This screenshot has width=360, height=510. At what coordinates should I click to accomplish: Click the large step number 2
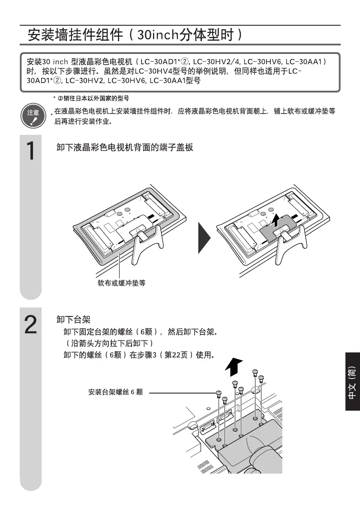[30, 325]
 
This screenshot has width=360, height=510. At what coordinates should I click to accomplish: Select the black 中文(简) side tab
[352, 382]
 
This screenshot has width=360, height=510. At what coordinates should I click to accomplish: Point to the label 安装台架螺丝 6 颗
[115, 392]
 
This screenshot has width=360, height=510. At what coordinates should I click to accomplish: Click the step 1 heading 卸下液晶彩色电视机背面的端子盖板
[125, 148]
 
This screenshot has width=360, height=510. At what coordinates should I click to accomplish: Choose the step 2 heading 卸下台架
[73, 320]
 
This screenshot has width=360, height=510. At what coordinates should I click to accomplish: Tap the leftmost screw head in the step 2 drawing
[219, 394]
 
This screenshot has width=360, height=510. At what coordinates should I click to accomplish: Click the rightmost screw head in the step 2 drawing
[261, 377]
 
